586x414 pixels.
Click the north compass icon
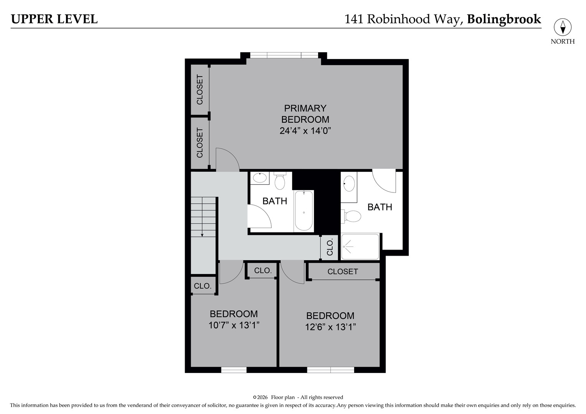[563, 28]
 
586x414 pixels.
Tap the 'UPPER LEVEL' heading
[54, 19]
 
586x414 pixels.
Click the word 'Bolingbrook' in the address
[504, 19]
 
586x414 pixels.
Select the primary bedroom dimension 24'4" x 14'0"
[305, 131]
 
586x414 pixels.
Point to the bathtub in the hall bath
[304, 211]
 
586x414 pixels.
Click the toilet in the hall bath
[280, 181]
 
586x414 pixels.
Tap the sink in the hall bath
[260, 178]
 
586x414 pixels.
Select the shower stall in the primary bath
[360, 246]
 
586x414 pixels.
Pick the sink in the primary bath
[349, 184]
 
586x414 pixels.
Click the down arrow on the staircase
[202, 233]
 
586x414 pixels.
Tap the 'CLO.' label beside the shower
[330, 248]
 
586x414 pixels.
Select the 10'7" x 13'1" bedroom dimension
[234, 325]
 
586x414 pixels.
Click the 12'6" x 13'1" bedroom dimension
[330, 327]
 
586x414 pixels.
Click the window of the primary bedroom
[284, 55]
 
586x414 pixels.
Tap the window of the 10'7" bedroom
[234, 370]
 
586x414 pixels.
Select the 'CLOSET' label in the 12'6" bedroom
[343, 271]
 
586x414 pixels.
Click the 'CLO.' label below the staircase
[202, 286]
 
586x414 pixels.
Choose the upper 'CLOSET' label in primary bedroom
[200, 90]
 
